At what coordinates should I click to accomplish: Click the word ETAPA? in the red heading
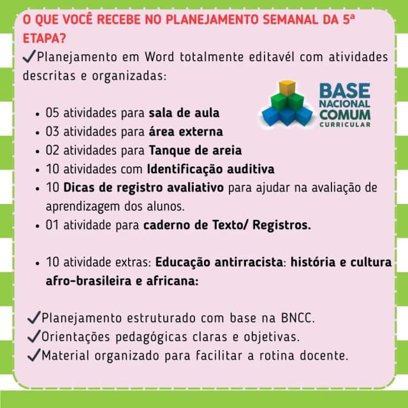45,38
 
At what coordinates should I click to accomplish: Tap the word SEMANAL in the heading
291,20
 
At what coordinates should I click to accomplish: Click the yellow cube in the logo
287,88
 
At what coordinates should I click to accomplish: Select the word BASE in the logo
344,91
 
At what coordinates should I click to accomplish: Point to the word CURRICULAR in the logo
345,124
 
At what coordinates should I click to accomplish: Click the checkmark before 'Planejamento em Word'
29,56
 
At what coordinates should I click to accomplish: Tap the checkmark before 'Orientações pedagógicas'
34,336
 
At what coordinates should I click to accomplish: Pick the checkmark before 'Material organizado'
34,355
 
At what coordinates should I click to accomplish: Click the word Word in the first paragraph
159,57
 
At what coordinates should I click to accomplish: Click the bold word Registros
282,225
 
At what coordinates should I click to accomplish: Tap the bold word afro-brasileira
89,281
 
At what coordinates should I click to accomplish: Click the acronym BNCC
298,318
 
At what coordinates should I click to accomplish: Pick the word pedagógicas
151,337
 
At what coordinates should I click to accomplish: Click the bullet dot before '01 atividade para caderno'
38,226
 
